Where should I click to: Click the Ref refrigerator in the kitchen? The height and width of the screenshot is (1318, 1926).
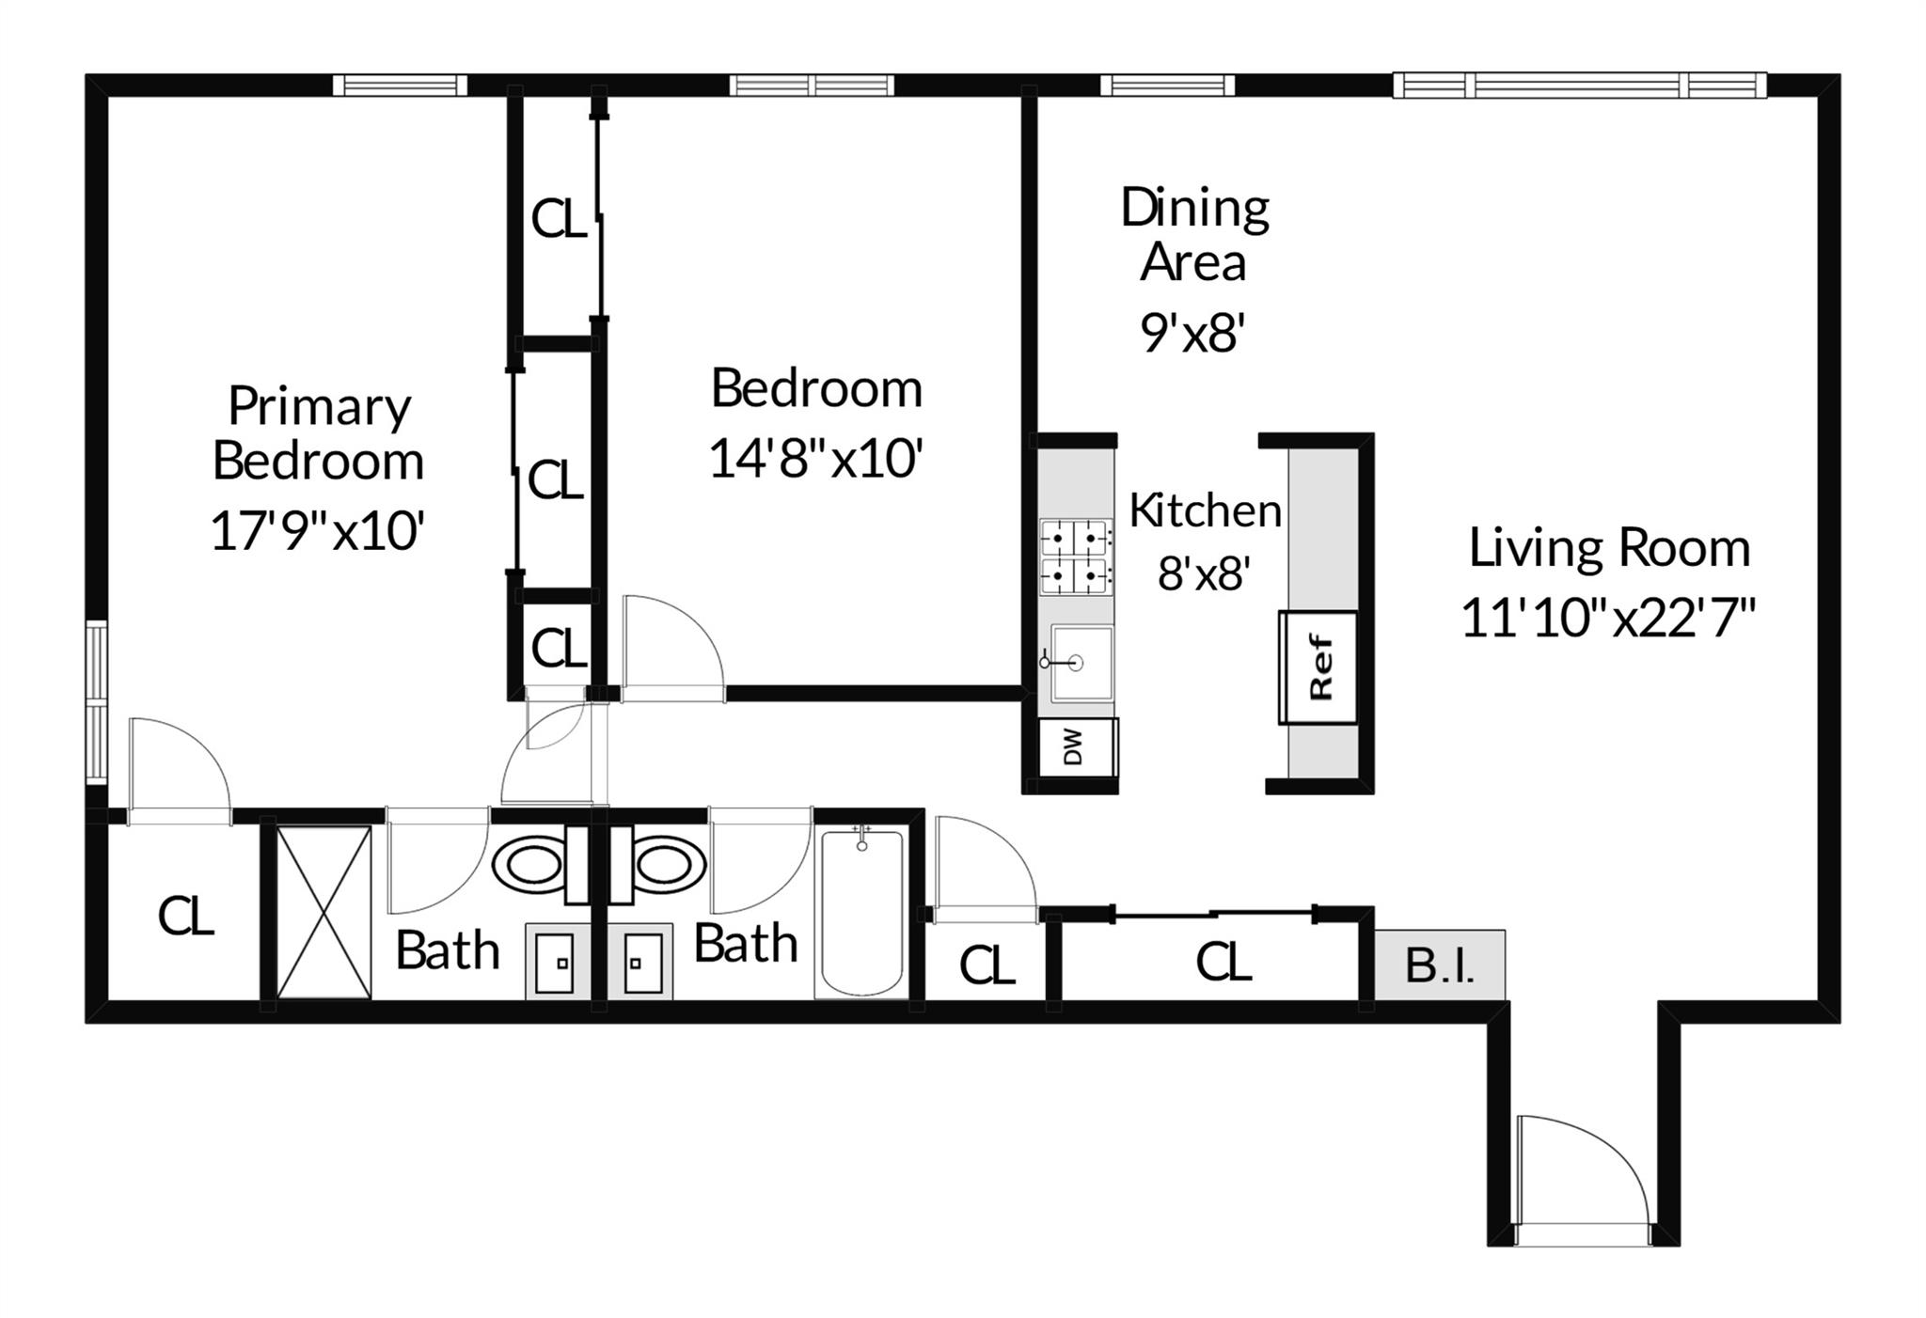[1318, 667]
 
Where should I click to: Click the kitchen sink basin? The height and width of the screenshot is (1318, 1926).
[1081, 663]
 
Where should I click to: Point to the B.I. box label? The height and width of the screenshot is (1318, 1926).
[1440, 965]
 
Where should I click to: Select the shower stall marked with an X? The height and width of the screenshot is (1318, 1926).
[324, 912]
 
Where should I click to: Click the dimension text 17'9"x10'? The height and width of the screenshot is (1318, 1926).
[319, 531]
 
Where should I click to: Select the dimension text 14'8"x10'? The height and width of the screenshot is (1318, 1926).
[815, 459]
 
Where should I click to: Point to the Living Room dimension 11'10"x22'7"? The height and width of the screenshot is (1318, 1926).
[1609, 619]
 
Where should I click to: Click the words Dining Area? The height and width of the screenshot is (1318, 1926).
[1194, 235]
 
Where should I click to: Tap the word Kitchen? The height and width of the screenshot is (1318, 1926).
[1205, 510]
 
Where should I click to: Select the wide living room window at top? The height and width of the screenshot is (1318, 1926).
[1580, 86]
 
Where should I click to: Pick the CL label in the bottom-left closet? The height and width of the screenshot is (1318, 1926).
[185, 916]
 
